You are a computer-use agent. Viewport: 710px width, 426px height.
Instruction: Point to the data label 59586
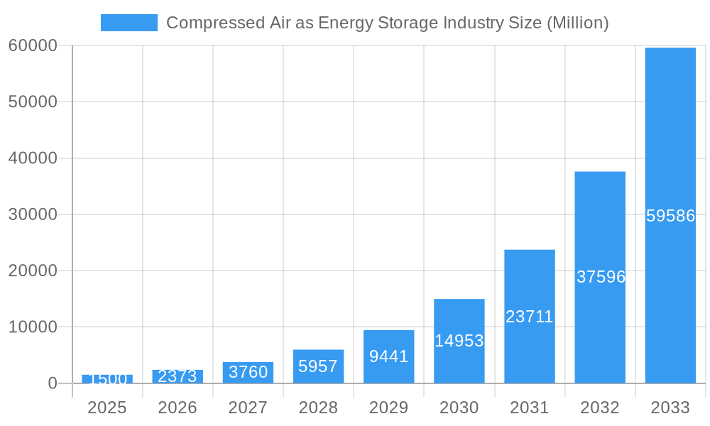(x=670, y=216)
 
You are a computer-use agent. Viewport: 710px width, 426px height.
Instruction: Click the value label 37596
(x=601, y=277)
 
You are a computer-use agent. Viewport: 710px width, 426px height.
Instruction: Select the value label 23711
(x=530, y=317)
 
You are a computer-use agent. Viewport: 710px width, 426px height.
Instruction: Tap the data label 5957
(x=318, y=366)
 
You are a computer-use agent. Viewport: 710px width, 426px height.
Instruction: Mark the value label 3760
(x=248, y=371)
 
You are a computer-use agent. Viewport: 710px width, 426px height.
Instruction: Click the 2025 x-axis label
(x=107, y=408)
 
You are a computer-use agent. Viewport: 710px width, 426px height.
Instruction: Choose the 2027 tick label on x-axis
(x=248, y=408)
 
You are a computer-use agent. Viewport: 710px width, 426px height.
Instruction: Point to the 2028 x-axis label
(x=318, y=408)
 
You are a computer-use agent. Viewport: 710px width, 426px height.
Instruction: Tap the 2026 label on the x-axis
(x=177, y=408)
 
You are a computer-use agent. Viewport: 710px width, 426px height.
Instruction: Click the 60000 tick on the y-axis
(x=33, y=45)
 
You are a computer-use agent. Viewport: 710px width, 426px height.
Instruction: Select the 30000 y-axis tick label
(x=33, y=214)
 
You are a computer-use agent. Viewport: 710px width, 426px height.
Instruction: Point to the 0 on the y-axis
(x=52, y=383)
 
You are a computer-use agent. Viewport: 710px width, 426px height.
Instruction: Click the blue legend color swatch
(x=129, y=23)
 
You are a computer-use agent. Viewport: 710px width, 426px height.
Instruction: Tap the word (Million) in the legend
(x=577, y=23)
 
